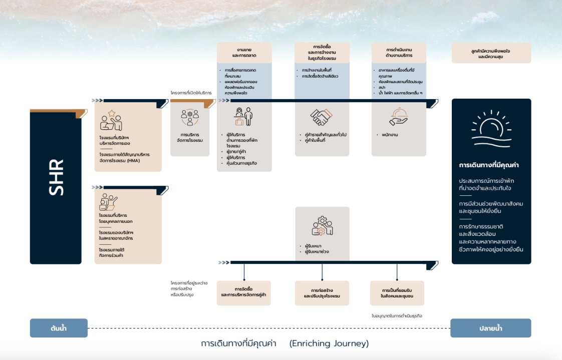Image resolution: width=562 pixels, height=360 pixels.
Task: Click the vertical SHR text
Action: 56,178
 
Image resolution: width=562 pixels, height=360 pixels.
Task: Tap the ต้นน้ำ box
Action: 59,328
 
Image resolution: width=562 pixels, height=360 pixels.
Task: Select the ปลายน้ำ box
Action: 490,328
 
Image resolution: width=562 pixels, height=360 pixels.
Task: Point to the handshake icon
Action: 322,117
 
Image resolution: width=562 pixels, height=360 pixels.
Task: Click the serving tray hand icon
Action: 399,117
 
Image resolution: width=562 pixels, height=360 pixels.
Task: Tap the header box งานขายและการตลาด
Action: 244,53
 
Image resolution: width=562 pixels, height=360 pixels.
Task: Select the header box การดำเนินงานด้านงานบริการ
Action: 399,53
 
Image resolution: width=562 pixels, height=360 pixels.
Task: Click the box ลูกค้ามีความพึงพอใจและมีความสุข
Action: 491,53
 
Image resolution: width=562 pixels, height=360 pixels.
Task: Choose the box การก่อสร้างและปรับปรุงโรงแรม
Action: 322,293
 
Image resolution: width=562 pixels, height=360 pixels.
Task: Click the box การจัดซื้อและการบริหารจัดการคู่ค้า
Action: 243,293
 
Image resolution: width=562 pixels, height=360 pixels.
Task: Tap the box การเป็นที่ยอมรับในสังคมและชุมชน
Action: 397,293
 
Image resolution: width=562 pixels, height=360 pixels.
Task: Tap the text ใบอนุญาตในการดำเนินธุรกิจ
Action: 397,316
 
